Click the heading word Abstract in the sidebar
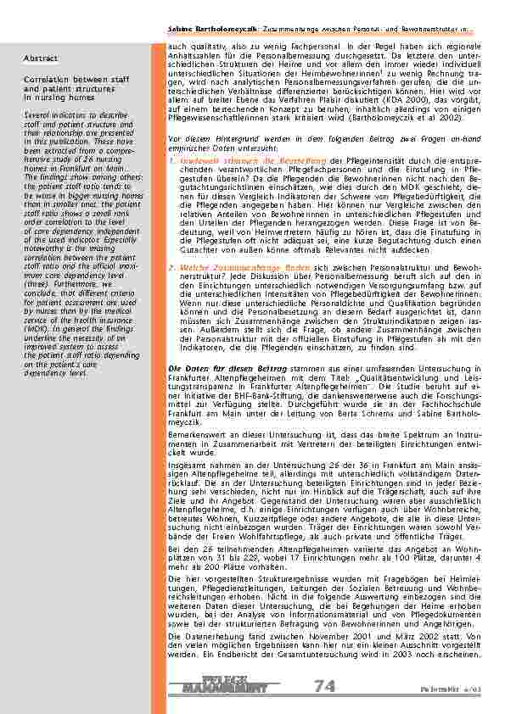point(41,59)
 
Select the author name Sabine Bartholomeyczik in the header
point(206,30)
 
